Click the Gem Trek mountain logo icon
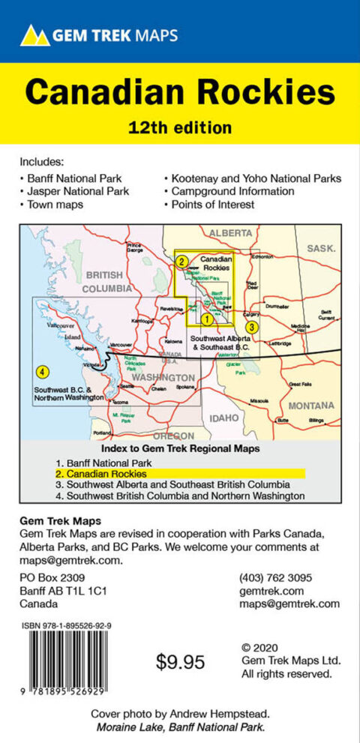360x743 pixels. tap(34, 34)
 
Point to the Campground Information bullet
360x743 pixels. tap(232, 191)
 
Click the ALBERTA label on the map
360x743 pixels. tap(230, 233)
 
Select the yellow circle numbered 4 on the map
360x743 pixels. tap(43, 371)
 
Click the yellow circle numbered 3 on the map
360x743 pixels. tap(253, 327)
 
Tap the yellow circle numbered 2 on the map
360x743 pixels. tap(181, 261)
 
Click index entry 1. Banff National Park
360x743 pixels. tap(112, 463)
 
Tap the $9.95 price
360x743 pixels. tap(181, 662)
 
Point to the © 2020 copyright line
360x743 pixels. tap(267, 646)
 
